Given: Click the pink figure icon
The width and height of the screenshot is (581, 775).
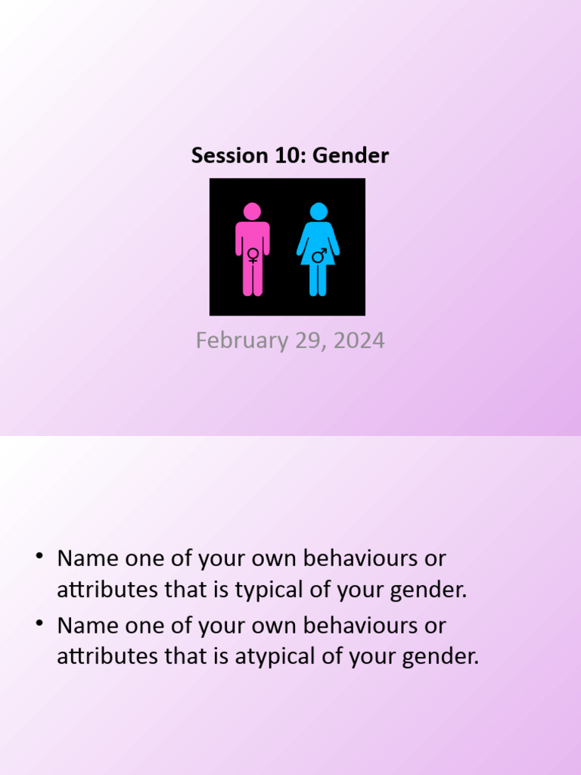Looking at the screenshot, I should point(253,250).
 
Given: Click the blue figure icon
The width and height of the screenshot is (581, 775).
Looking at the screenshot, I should point(318,250).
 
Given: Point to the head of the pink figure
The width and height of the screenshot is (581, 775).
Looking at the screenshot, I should point(253,211).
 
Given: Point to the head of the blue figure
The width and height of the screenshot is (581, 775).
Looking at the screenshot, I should point(318,211).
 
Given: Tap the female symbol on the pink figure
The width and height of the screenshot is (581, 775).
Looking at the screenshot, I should point(253,255).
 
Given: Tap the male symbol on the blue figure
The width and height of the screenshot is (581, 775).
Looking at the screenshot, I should point(319,255).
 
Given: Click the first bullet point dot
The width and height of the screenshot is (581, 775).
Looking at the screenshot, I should point(38,558).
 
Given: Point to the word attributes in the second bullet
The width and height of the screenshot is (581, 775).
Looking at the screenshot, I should point(107,656).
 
